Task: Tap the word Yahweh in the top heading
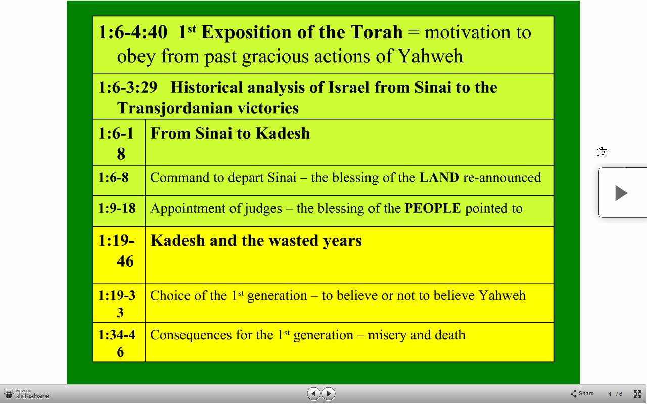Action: pos(430,56)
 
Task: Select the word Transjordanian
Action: pos(174,109)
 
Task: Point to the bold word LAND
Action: pos(439,177)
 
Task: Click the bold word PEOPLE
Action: pos(433,208)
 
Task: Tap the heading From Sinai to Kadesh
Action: pos(230,133)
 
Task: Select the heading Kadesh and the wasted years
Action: pos(256,241)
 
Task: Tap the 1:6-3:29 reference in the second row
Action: pos(128,87)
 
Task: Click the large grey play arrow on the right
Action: pos(621,193)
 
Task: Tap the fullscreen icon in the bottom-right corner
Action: pos(637,394)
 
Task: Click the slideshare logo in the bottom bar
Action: pos(27,394)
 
